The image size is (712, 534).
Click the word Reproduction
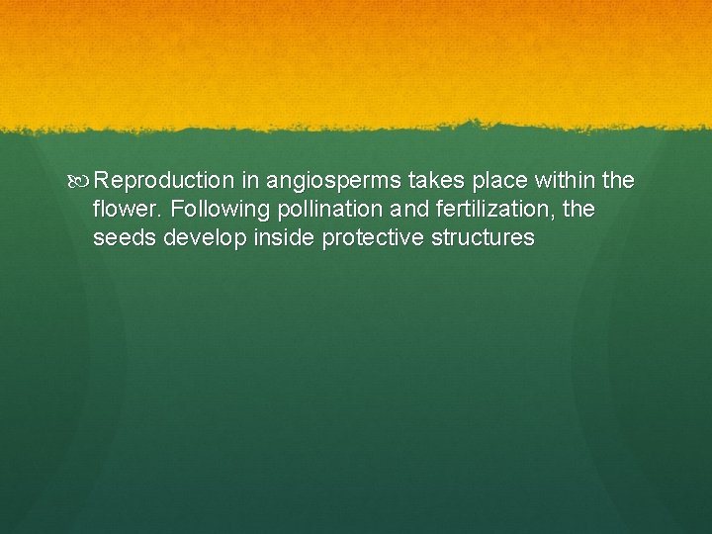pyautogui.click(x=164, y=182)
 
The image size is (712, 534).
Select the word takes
pyautogui.click(x=434, y=182)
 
